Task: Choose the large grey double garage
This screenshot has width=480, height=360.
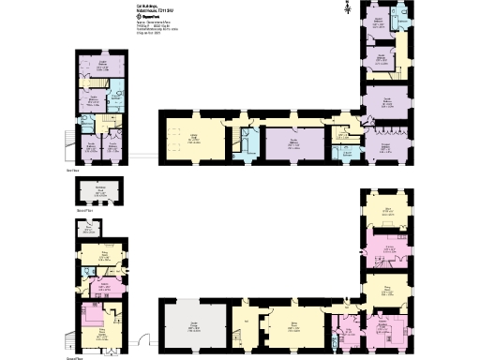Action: click(194, 326)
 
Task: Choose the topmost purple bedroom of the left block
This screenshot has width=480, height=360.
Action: click(102, 68)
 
